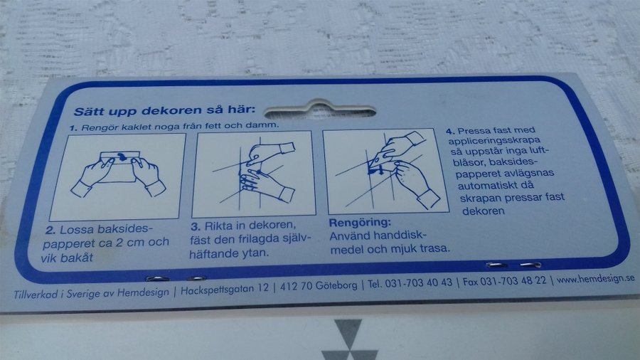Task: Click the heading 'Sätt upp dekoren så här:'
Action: [x=164, y=110]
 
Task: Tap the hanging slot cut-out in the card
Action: [x=319, y=110]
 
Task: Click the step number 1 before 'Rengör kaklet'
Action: [x=73, y=128]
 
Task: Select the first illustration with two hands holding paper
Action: [x=117, y=176]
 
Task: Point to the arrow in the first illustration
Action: [x=121, y=157]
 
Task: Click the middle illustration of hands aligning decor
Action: [x=253, y=174]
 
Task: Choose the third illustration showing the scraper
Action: [x=385, y=171]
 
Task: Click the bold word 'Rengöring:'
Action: [x=360, y=223]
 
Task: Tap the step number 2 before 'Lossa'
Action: [x=50, y=231]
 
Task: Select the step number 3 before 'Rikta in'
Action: [x=196, y=226]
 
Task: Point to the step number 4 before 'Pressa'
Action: [x=450, y=132]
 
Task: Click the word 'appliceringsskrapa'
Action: [x=494, y=141]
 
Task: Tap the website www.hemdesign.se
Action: [x=595, y=279]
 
